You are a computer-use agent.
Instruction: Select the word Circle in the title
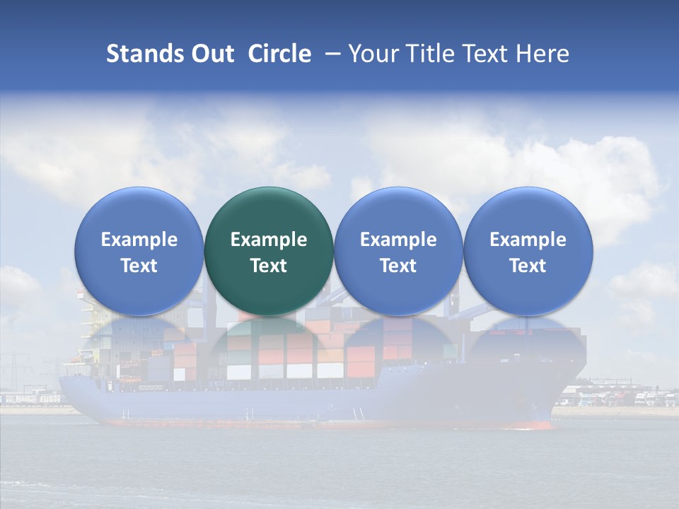coord(279,54)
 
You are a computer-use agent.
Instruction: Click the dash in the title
coord(330,54)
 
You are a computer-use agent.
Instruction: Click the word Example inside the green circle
coord(269,240)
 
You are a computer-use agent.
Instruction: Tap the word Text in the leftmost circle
coord(139,266)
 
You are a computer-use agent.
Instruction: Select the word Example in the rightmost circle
coord(528,240)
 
